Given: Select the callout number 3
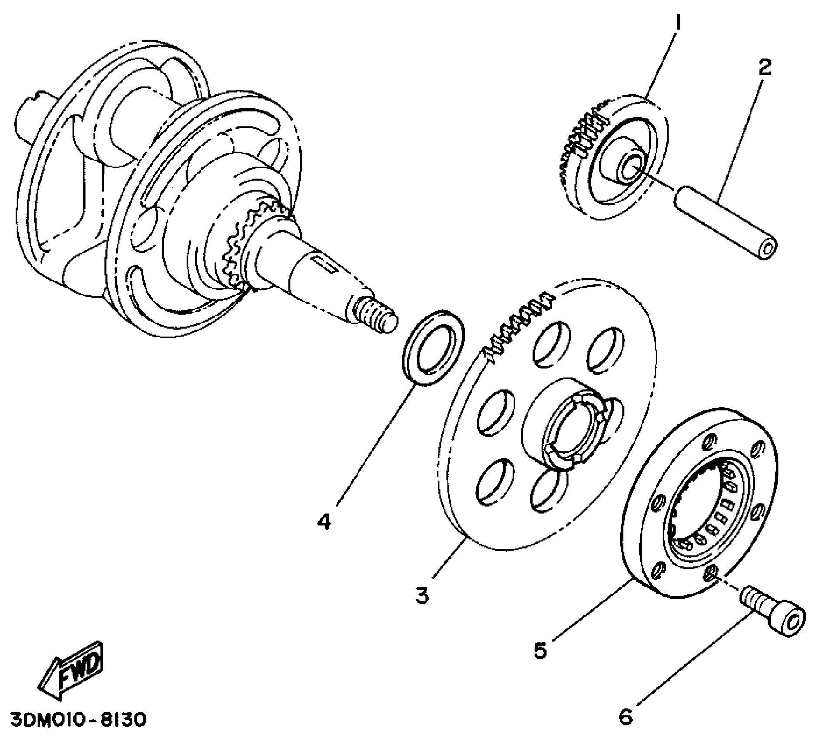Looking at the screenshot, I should (422, 596).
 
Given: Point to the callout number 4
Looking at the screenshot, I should (324, 521).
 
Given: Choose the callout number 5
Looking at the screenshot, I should (540, 651).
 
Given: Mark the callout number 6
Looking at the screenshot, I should (626, 717).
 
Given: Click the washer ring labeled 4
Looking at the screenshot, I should (433, 347).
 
